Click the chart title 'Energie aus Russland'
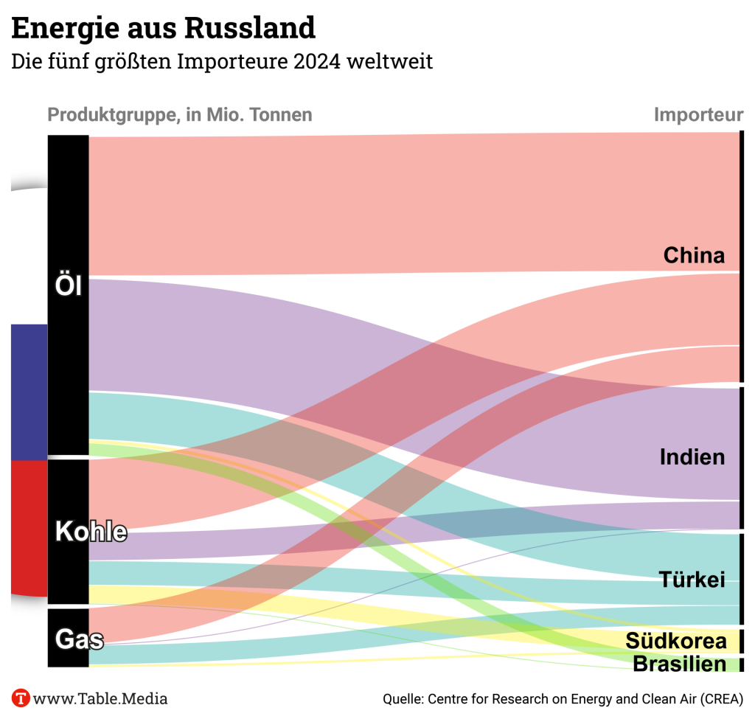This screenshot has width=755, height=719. pyautogui.click(x=163, y=28)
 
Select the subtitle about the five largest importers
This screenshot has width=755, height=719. pyautogui.click(x=221, y=61)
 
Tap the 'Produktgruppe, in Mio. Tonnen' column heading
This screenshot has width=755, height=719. pyautogui.click(x=179, y=115)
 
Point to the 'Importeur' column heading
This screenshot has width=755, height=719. pyautogui.click(x=698, y=115)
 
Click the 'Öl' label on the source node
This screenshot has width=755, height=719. pyautogui.click(x=69, y=286)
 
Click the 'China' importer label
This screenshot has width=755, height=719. pyautogui.click(x=694, y=255)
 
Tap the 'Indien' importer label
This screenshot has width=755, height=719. pyautogui.click(x=692, y=457)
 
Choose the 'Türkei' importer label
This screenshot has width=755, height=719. pyautogui.click(x=692, y=579)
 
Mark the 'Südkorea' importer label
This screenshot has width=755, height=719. pyautogui.click(x=676, y=640)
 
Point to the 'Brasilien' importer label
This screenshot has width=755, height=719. pyautogui.click(x=679, y=664)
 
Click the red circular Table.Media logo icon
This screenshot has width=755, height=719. pyautogui.click(x=21, y=698)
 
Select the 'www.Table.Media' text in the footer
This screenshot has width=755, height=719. pyautogui.click(x=100, y=698)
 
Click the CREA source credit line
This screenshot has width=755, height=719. pyautogui.click(x=563, y=698)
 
